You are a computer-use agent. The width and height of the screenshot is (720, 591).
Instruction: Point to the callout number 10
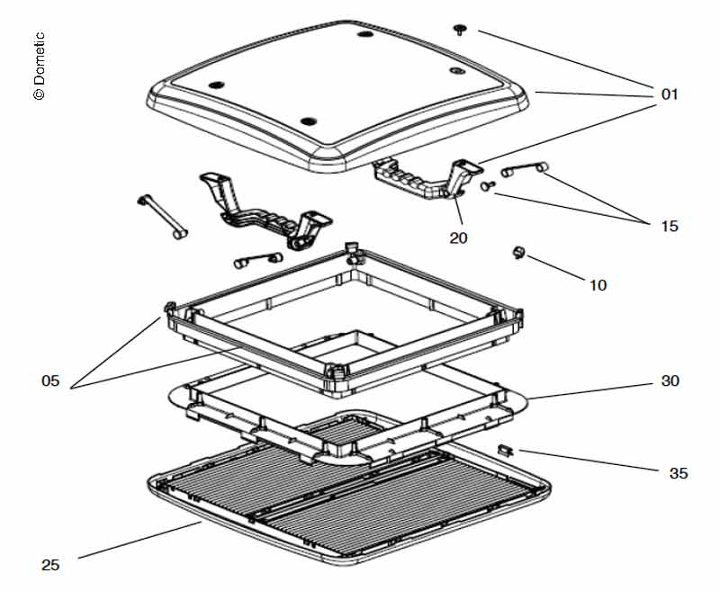point(598,285)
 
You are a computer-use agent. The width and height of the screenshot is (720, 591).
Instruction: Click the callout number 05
point(49,381)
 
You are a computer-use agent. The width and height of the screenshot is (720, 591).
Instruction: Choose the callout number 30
point(670,381)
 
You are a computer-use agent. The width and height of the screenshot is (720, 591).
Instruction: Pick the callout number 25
point(50,565)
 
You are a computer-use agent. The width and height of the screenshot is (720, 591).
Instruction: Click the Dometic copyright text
point(39,67)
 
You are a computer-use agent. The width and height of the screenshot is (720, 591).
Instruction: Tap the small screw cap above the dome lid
point(461,30)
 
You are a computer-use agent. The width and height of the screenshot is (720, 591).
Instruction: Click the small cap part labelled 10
point(518,254)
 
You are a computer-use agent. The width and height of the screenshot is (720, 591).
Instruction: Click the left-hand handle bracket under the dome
point(261,210)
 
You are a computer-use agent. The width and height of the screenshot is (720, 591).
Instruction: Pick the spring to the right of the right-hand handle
point(526,168)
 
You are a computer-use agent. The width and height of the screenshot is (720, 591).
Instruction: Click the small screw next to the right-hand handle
point(488,185)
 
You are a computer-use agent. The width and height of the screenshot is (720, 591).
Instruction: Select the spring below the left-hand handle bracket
point(257,259)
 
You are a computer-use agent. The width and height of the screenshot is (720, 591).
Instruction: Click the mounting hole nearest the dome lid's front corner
point(308,121)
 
